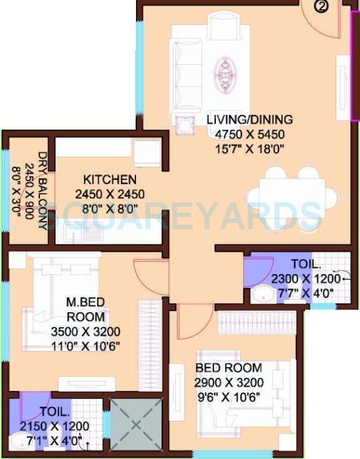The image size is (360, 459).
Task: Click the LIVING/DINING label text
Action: point(250,120)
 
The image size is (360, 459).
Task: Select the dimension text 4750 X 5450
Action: point(250,134)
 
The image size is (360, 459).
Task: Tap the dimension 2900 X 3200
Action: point(229,383)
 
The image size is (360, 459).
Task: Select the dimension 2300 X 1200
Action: point(306,279)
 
